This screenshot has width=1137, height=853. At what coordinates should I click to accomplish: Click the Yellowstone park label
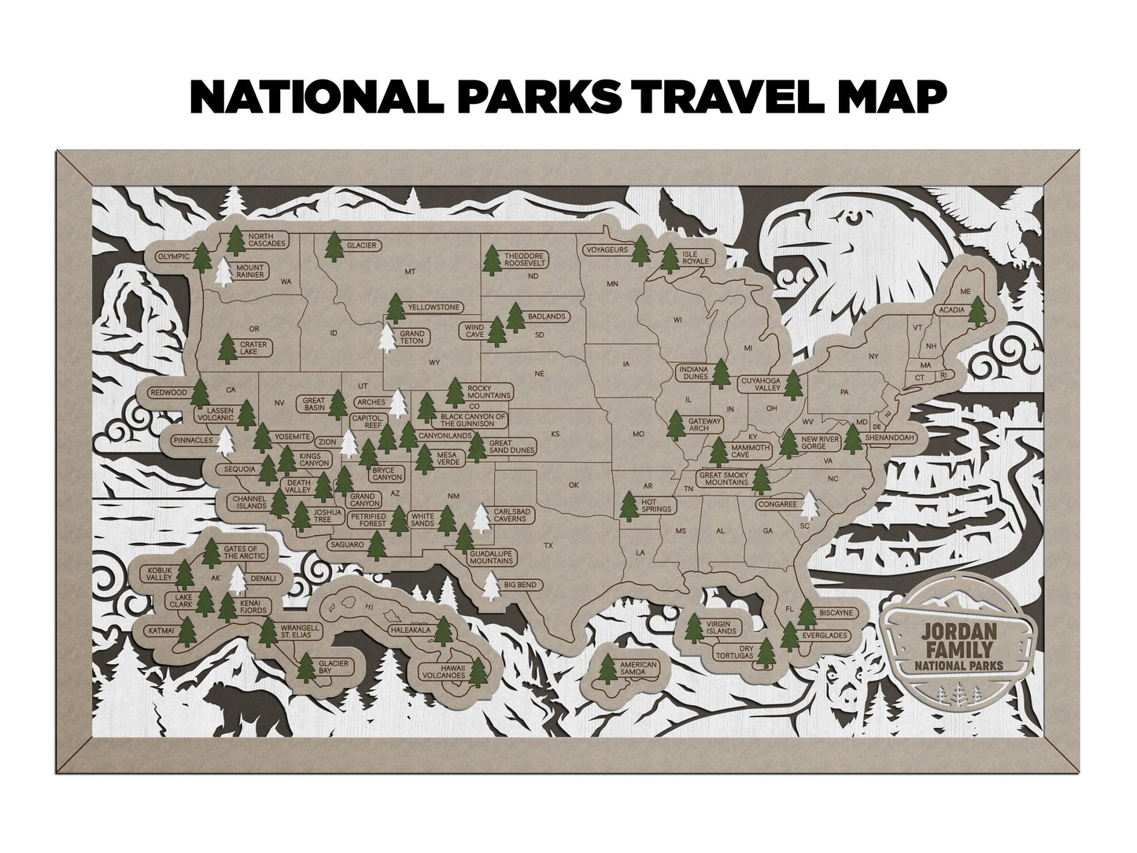[432, 307]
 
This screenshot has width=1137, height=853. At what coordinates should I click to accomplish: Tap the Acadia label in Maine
[950, 310]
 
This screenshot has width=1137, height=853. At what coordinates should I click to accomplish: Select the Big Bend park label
[520, 585]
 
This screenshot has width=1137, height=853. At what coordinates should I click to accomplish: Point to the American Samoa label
[637, 670]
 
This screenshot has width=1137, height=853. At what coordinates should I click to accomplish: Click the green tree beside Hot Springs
[629, 506]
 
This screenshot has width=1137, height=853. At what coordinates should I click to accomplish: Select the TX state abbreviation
[548, 545]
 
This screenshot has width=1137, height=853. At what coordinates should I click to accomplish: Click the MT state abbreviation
[409, 272]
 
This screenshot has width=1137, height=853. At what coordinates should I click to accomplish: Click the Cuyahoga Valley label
[760, 385]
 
